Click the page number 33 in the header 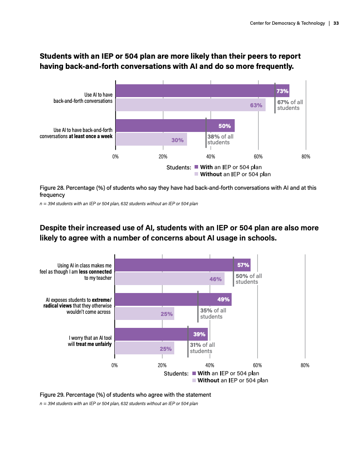[336, 23]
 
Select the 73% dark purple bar [194, 91]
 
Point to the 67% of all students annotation [290, 105]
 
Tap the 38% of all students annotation [220, 139]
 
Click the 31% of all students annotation [202, 348]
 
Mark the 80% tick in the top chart [306, 157]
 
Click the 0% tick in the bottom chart [115, 365]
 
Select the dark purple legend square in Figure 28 [197, 167]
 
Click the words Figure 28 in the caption [52, 188]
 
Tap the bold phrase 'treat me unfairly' [94, 344]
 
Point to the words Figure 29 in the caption [52, 395]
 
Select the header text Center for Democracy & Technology [287, 23]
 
